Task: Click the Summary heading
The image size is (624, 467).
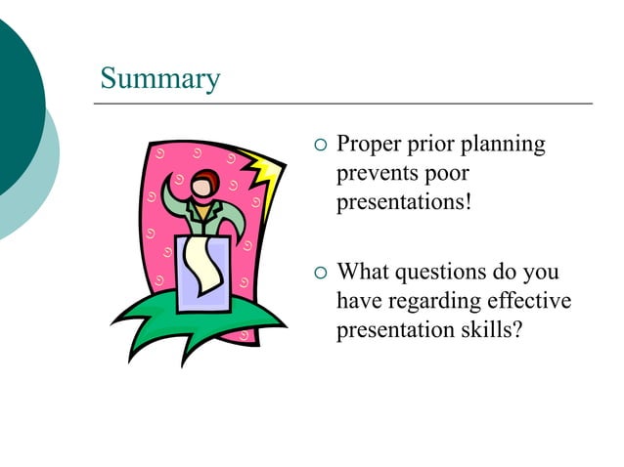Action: click(x=160, y=78)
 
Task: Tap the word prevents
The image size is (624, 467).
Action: click(x=376, y=175)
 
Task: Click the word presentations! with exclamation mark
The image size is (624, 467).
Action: click(x=403, y=204)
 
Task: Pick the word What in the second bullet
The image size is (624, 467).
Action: click(x=362, y=271)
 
